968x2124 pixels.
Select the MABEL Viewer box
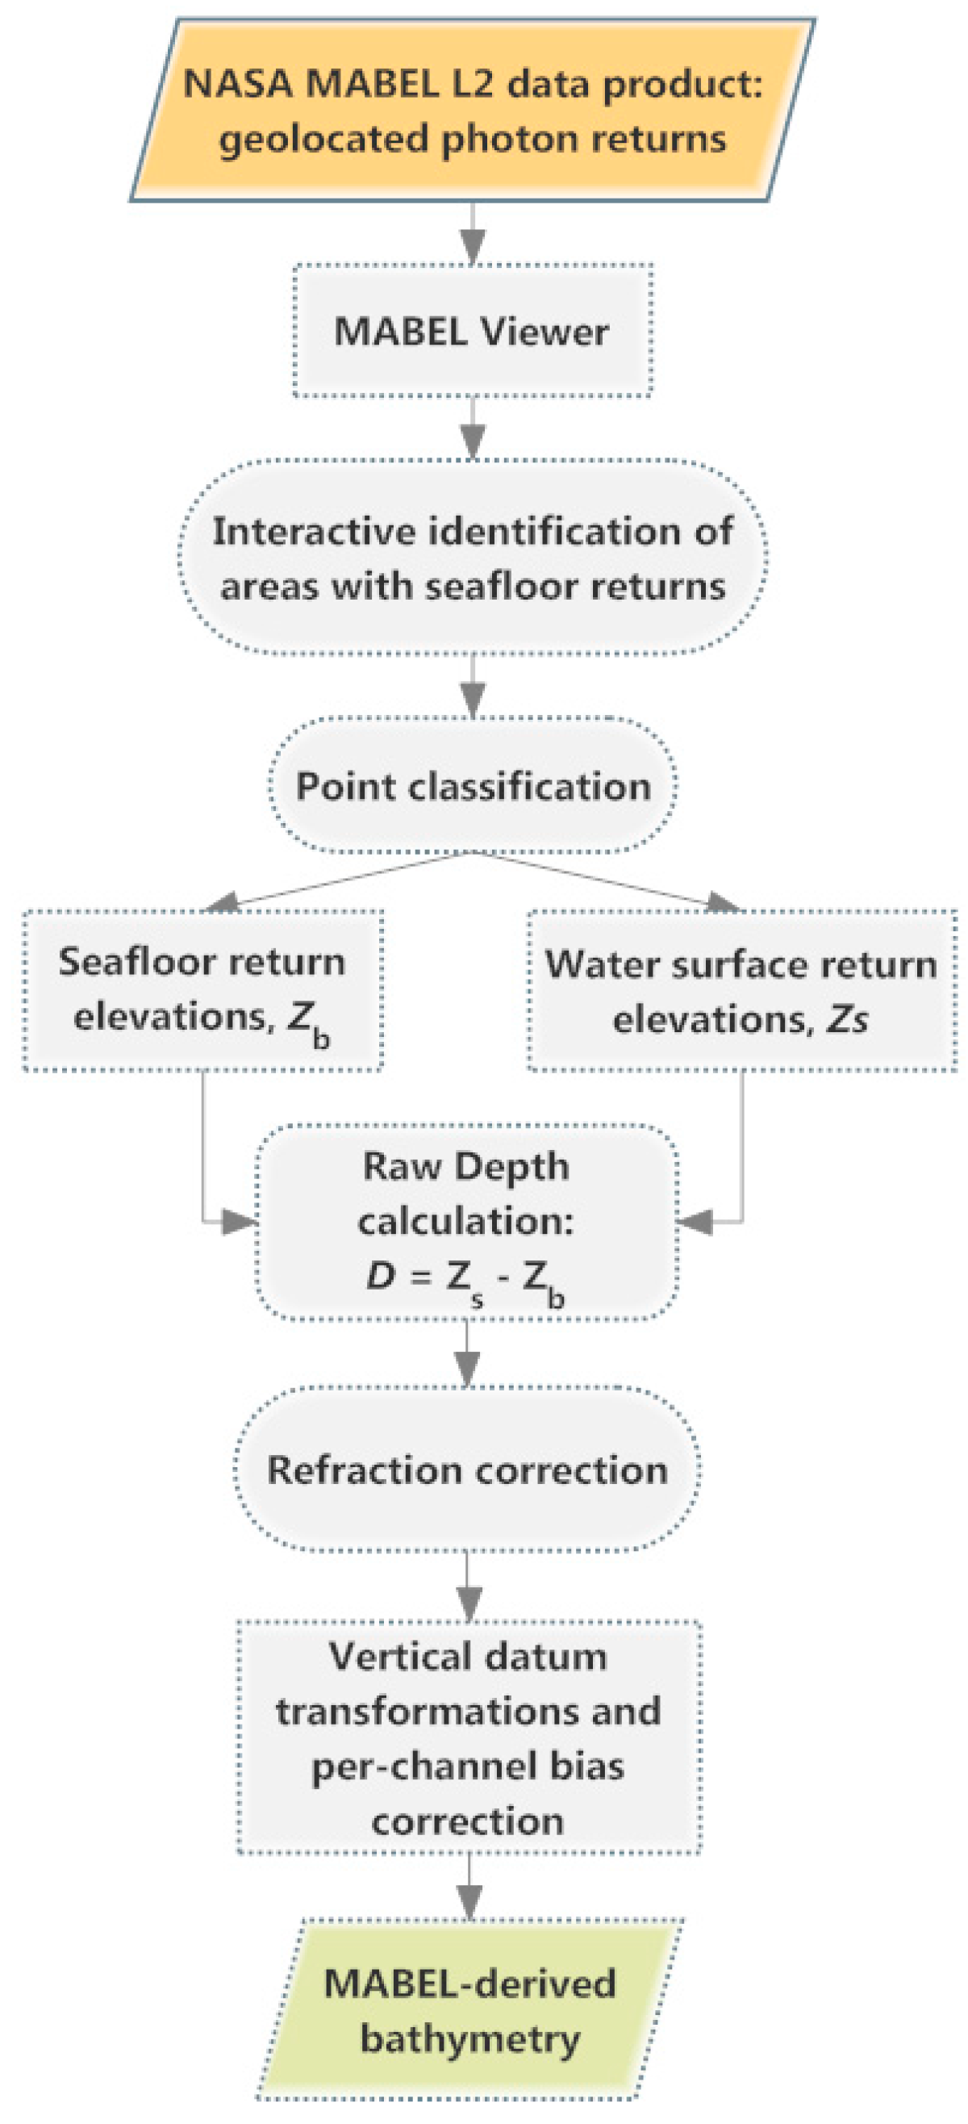(x=473, y=332)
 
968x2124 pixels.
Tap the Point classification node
(x=473, y=786)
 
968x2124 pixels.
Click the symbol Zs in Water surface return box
(x=847, y=1021)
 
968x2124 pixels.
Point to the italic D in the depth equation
(x=380, y=1277)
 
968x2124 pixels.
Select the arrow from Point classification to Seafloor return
(x=330, y=880)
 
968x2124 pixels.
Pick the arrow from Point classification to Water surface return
(x=610, y=880)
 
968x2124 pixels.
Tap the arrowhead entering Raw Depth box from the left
(x=240, y=1222)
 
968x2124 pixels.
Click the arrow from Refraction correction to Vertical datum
(x=469, y=1586)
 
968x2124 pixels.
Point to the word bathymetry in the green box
(x=470, y=2038)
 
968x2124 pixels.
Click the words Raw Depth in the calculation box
(x=466, y=1167)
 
